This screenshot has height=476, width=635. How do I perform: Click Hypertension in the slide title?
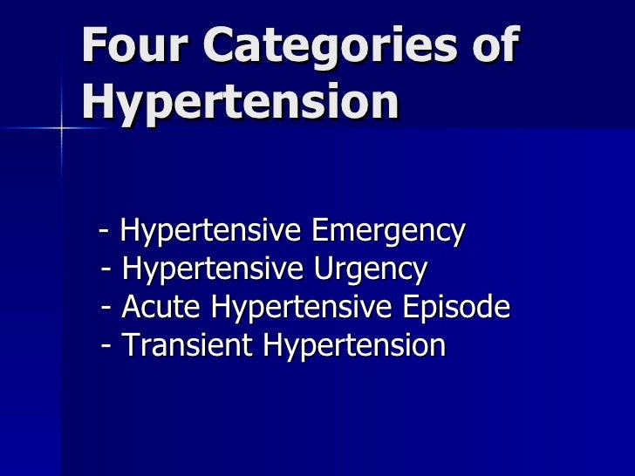point(240,103)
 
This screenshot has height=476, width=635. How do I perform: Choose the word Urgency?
point(367,270)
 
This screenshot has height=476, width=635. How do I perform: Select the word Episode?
point(453,308)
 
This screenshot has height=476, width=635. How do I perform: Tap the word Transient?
point(188,346)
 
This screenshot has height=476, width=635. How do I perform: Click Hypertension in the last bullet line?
point(354,346)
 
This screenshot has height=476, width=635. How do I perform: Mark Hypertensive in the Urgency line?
point(213,270)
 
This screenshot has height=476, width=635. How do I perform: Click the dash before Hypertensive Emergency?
point(105,233)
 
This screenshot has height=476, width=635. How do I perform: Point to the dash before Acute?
point(106,309)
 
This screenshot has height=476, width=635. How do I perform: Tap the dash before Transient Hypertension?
point(106,347)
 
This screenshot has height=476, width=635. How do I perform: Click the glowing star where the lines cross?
point(62,128)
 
